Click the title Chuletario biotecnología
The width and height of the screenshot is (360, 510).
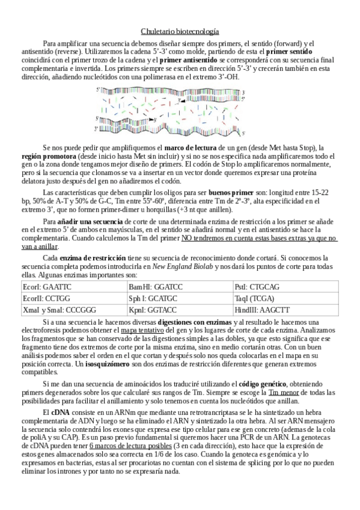[180, 31]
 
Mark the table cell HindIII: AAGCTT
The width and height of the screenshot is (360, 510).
[262, 310]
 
